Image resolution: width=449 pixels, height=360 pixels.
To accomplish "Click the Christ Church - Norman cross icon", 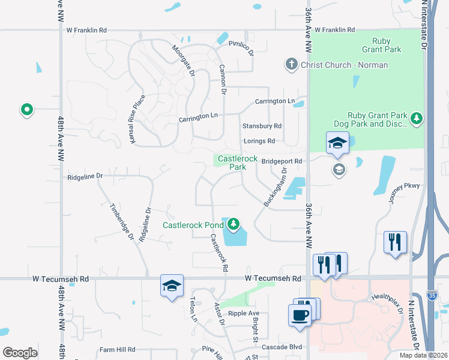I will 291,64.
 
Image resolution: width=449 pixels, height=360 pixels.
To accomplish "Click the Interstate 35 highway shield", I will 433,295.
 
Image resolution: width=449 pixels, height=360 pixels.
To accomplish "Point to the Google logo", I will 20,353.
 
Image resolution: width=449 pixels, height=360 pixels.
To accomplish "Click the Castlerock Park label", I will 238,163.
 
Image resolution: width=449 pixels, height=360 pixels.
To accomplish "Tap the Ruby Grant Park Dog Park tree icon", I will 417,119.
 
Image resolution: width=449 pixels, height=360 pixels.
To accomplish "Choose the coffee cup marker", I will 300,314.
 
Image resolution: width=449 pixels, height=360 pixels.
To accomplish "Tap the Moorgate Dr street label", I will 184,61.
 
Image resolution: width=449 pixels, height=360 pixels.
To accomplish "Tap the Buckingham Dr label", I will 276,188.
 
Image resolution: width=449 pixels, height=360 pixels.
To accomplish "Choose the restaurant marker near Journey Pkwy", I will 395,242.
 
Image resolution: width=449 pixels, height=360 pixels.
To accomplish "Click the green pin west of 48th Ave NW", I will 26,110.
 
